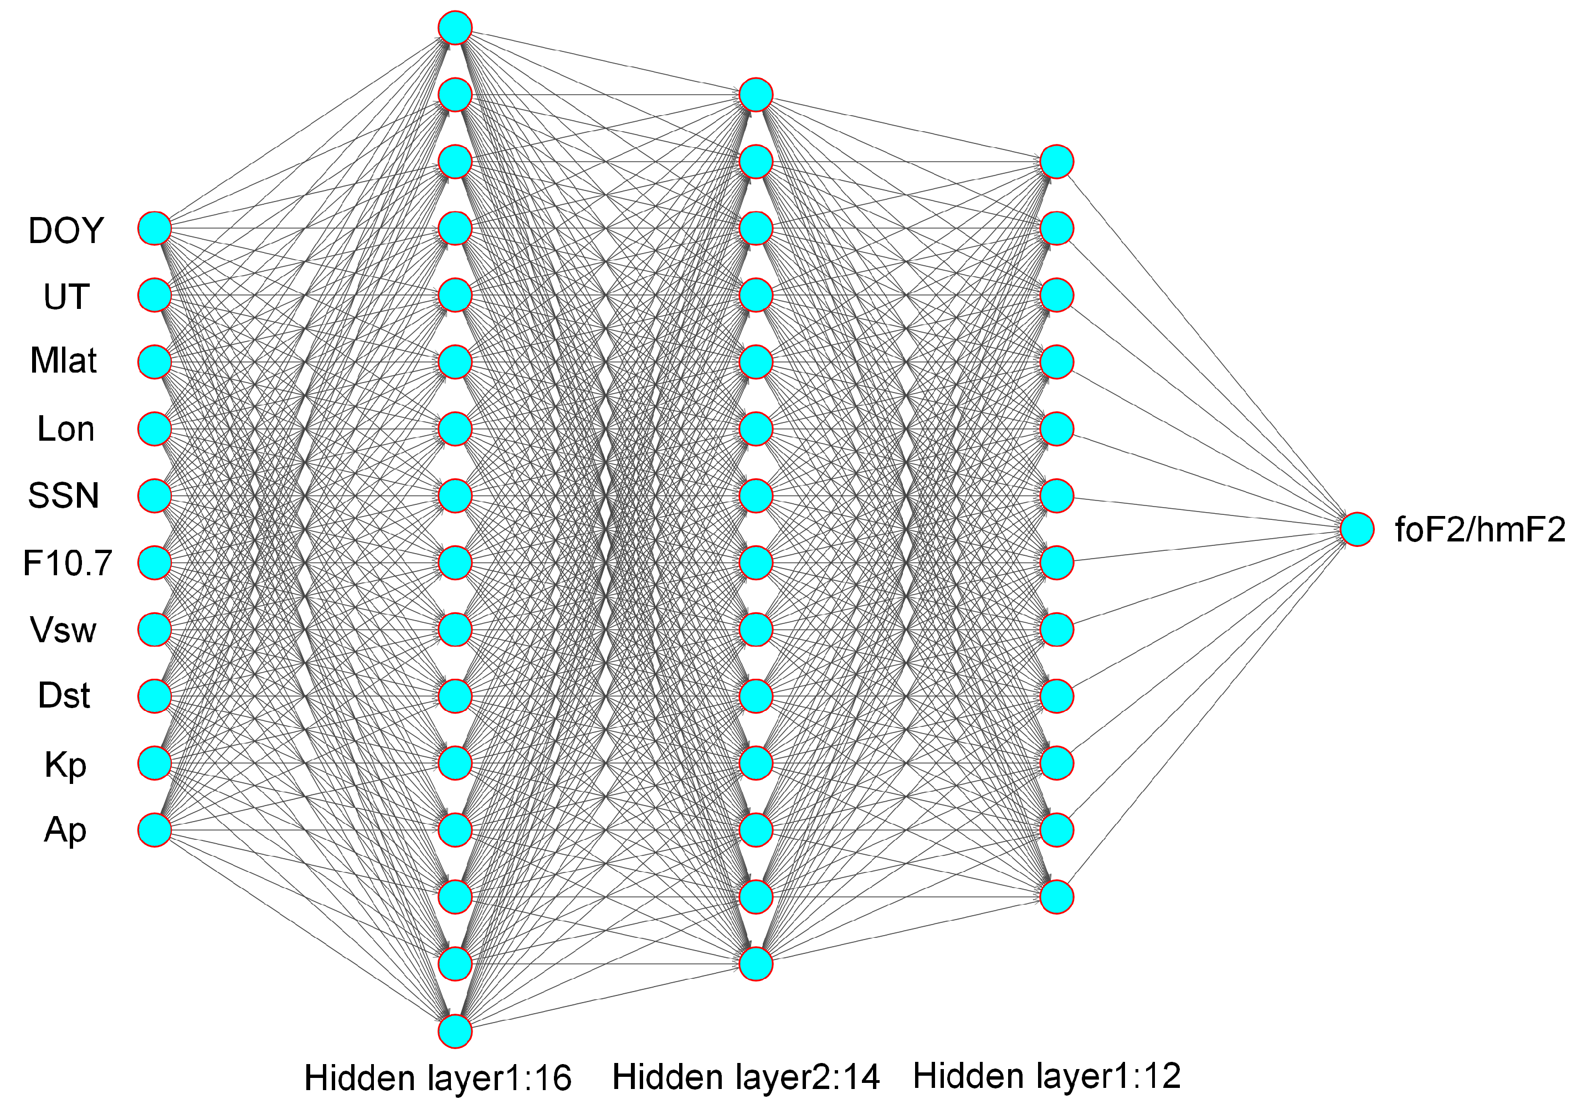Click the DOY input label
coord(65,230)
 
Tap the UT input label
coord(66,297)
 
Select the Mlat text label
coord(64,360)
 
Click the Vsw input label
coord(64,629)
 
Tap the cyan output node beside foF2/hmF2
coord(1357,530)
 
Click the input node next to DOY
coord(155,228)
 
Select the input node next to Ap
coord(155,830)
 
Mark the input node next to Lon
coord(155,429)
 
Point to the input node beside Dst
coord(155,696)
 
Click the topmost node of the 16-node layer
coord(455,28)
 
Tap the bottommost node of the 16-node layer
coord(455,1031)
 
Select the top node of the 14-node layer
coord(756,95)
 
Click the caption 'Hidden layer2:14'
coord(746,1077)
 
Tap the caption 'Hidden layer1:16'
coord(438,1078)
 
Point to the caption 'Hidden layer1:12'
coord(1046,1076)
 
